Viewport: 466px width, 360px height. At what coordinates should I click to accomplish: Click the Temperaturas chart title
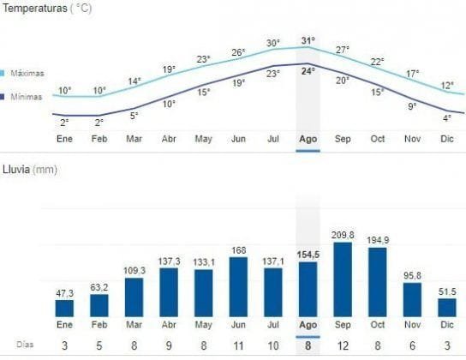[46, 8]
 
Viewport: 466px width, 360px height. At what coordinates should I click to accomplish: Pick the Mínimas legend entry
[27, 97]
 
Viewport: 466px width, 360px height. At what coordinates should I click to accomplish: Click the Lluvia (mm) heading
[31, 170]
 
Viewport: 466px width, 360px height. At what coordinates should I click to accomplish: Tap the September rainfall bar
[343, 279]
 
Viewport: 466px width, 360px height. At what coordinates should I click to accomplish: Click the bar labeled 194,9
[378, 282]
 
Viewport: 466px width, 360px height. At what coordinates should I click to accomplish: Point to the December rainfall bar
[447, 308]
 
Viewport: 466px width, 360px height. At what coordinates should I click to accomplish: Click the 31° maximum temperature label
[308, 40]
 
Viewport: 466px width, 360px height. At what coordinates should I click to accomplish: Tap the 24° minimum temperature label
[308, 71]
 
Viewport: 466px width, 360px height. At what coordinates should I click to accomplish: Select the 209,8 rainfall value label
[343, 234]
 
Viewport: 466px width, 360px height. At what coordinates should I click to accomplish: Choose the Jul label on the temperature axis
[273, 137]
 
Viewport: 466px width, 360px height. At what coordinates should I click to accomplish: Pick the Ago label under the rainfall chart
[308, 326]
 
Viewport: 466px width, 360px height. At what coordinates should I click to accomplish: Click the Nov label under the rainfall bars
[413, 326]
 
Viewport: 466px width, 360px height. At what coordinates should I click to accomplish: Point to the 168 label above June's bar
[238, 250]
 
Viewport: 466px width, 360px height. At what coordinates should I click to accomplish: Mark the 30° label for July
[273, 43]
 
